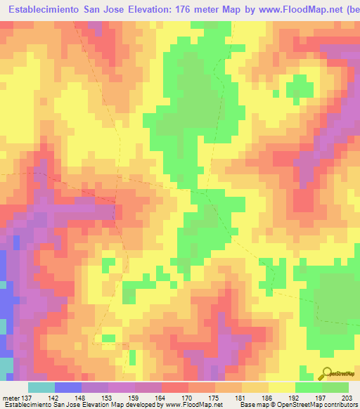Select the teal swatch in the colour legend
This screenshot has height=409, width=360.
click(x=41, y=387)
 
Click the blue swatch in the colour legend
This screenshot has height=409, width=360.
click(x=68, y=387)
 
